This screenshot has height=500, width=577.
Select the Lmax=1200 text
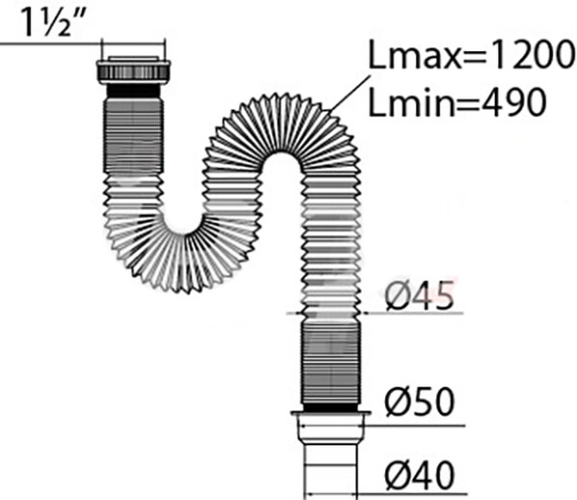click(x=471, y=55)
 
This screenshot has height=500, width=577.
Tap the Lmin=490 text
click(x=457, y=102)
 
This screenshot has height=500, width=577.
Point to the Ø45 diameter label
click(x=419, y=296)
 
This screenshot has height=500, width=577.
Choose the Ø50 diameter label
click(x=419, y=402)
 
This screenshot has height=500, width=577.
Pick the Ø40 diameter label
click(x=419, y=475)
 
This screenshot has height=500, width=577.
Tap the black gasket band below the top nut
click(x=133, y=91)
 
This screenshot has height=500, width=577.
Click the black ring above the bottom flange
click(x=330, y=407)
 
